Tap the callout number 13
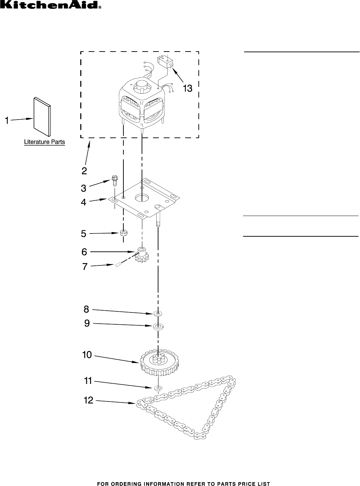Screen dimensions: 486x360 (188, 89)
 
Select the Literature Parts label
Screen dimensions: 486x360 (45, 142)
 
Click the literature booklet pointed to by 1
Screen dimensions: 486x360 (42, 116)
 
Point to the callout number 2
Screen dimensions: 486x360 (84, 171)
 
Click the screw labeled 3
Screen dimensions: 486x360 (114, 181)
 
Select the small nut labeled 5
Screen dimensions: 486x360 (123, 232)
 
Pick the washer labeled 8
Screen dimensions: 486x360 (158, 313)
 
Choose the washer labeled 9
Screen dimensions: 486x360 (158, 327)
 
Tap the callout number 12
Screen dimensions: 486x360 (89, 400)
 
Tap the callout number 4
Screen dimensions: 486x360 (83, 202)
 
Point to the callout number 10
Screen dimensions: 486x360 (87, 355)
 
